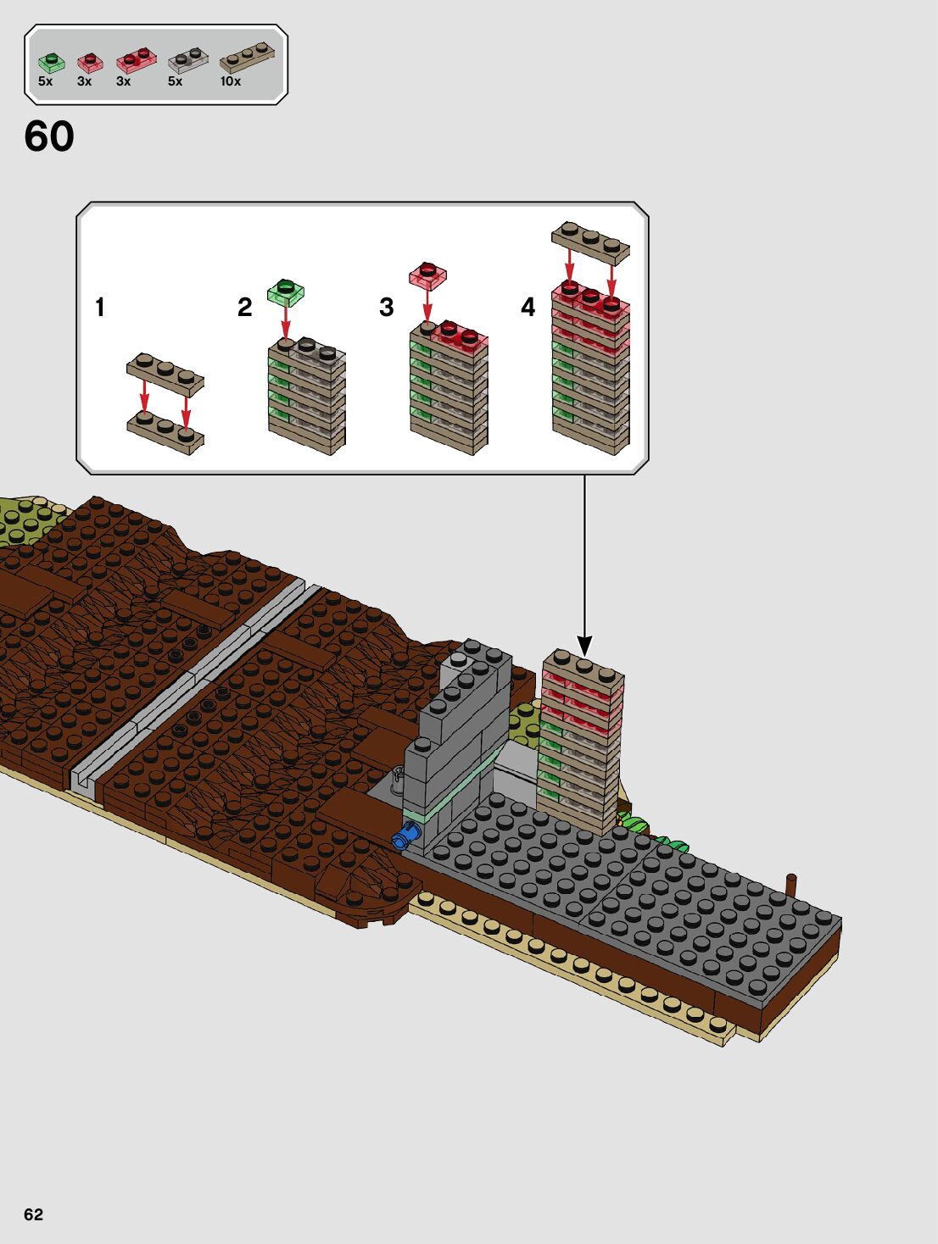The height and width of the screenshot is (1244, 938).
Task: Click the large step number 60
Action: click(x=49, y=136)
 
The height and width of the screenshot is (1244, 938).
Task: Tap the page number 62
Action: click(x=33, y=1214)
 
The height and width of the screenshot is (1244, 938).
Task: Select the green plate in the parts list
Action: click(x=51, y=63)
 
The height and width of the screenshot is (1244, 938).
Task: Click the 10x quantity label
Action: click(x=231, y=82)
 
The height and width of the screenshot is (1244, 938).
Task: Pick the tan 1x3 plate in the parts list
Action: click(x=247, y=57)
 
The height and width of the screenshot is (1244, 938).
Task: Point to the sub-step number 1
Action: click(x=100, y=307)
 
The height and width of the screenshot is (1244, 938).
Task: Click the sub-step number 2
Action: click(x=244, y=307)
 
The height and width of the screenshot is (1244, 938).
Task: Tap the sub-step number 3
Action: click(x=387, y=307)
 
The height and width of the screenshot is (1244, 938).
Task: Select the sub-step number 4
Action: click(x=528, y=307)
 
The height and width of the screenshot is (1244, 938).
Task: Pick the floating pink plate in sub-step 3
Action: click(x=427, y=275)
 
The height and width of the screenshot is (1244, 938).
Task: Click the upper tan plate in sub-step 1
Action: click(x=165, y=373)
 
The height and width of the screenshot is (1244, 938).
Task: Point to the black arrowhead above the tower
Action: click(x=584, y=645)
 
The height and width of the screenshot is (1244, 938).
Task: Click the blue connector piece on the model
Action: click(x=406, y=837)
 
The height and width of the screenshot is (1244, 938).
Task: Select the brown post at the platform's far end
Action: click(x=791, y=886)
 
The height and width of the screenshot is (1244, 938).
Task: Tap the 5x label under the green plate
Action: click(x=46, y=82)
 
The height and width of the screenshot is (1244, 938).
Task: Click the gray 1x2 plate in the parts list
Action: click(x=187, y=59)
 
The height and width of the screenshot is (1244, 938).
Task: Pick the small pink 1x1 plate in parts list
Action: click(x=89, y=62)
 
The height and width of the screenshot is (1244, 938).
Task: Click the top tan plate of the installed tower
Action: click(x=584, y=666)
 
